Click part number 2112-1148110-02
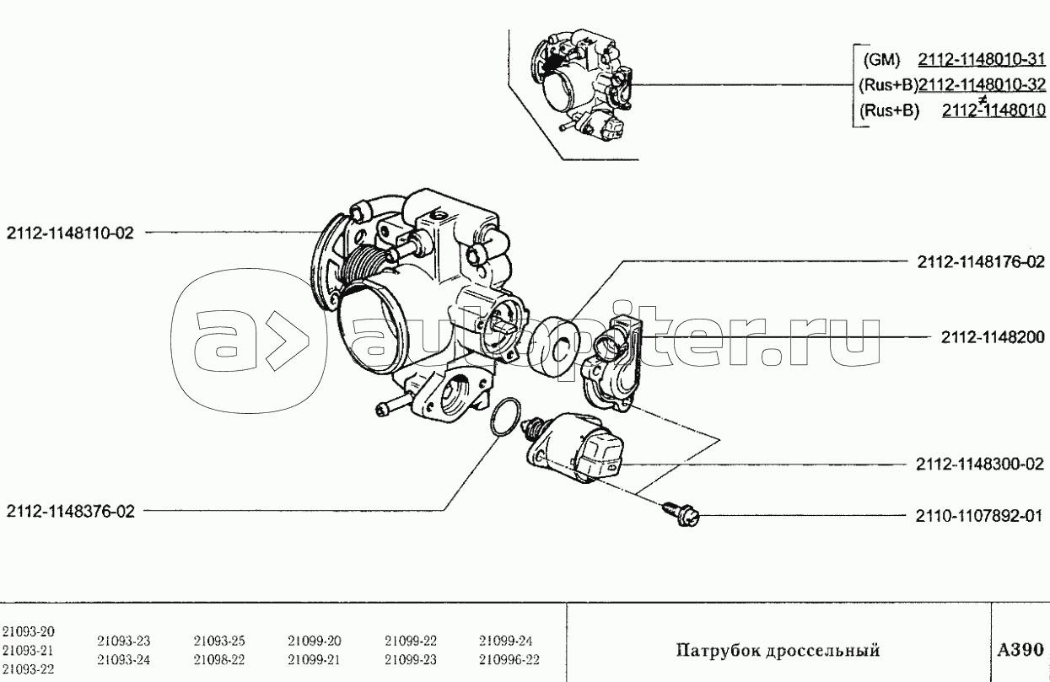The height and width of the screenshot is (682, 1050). pos(70,233)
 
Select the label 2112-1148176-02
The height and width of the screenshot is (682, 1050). pos(981,262)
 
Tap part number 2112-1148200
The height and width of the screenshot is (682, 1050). pos(993,337)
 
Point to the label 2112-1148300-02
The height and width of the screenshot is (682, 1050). pos(980,465)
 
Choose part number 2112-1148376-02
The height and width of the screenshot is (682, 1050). pos(70,511)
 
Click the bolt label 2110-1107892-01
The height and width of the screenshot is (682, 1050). pos(979,516)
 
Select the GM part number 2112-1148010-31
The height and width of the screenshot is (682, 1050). pos(982,60)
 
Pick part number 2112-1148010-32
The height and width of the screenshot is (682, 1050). pos(982,85)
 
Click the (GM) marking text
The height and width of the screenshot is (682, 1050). pos(881,60)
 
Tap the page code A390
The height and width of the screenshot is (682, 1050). pos(1020,650)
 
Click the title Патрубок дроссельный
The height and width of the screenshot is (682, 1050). pos(778,651)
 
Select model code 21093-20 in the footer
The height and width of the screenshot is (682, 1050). pos(28,631)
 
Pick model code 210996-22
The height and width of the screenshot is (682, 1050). pos(509,660)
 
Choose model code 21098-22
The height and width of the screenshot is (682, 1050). pos(219,660)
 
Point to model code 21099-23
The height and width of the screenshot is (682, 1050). pos(411,660)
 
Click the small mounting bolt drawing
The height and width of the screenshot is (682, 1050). pos(681,514)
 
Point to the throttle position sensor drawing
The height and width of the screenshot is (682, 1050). pos(612,363)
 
